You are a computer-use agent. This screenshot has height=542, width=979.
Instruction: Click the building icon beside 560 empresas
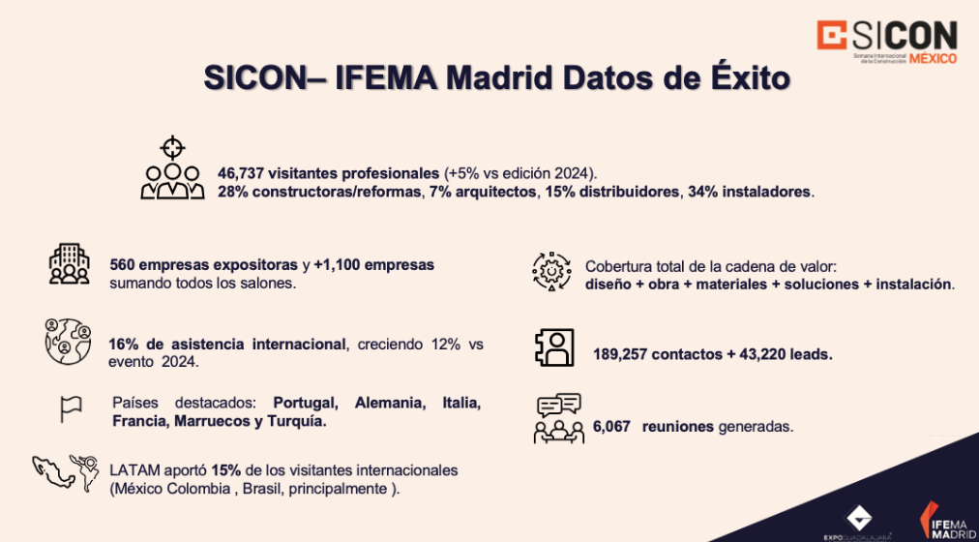68,265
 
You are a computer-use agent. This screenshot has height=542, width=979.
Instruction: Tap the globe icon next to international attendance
67,341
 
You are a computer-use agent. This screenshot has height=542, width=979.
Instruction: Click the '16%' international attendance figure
124,345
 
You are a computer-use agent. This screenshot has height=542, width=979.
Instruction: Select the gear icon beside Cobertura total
552,272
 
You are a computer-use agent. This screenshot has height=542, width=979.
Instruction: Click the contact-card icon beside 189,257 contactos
554,347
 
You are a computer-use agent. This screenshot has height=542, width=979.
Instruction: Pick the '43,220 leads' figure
777,354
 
